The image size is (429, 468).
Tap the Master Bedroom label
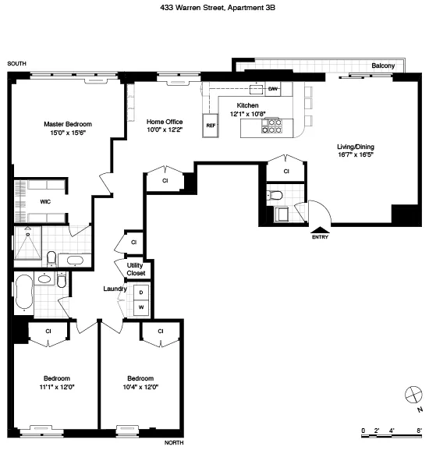pos(68,125)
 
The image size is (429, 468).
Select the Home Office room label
pos(165,121)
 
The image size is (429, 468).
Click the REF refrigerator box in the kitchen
pos(211,125)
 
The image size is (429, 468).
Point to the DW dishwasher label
pos(273,90)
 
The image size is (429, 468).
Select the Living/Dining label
pos(356,146)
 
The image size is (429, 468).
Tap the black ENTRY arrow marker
pos(320,229)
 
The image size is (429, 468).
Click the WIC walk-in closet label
pos(23,200)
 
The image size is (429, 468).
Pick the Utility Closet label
pos(136,269)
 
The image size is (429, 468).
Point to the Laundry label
pos(115,289)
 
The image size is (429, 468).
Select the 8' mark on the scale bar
pos(419,430)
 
